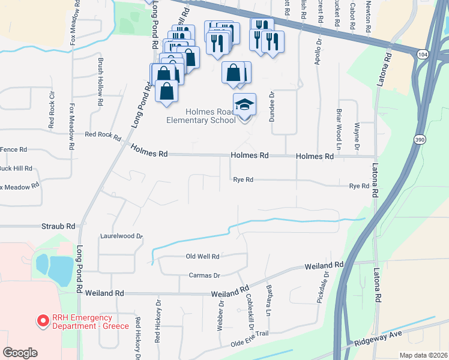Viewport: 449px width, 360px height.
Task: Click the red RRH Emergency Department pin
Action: (x=43, y=322)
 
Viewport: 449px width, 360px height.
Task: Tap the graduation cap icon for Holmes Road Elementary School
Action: (x=244, y=106)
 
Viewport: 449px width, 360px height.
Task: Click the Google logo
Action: (x=20, y=353)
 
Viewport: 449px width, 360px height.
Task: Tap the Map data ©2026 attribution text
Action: (x=423, y=355)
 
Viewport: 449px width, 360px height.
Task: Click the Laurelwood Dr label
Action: (x=121, y=236)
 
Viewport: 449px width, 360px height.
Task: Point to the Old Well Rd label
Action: (x=203, y=256)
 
